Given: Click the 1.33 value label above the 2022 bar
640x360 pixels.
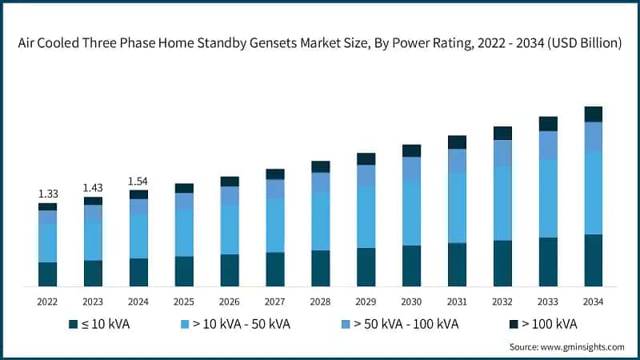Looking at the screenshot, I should point(47,194).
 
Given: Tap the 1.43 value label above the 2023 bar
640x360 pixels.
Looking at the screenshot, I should point(93,187).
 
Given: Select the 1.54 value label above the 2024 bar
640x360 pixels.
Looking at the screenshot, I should point(138,181).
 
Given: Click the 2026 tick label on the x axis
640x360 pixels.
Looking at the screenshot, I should point(230,302).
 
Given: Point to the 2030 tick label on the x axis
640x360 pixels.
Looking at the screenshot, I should point(411,302).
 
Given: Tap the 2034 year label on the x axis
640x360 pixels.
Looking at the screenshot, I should point(593,302).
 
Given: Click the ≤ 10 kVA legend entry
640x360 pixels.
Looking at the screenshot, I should point(99,324).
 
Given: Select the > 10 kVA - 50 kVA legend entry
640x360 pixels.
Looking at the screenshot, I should point(235,324).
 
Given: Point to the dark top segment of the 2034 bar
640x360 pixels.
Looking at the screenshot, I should point(593,114).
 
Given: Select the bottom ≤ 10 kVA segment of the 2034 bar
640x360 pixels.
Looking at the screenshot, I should point(593,260).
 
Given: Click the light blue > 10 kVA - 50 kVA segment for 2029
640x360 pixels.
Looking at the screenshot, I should point(366,217).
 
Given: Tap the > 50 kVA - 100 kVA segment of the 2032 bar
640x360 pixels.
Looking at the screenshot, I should point(502,153).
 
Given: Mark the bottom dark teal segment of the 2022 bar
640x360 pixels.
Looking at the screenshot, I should point(47,274).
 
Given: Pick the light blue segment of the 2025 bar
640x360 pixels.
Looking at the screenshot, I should point(184,233).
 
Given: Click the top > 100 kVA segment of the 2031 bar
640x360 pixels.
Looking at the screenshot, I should point(457,142).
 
